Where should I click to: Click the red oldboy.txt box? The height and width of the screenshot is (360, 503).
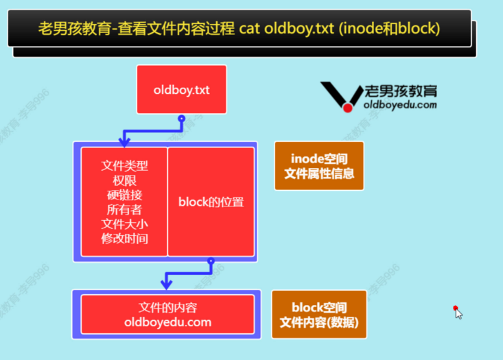click(x=181, y=89)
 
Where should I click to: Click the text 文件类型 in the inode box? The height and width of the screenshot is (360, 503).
click(x=124, y=165)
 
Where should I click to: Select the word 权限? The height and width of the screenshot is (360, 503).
click(x=124, y=180)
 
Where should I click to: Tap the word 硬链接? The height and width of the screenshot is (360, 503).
click(x=124, y=195)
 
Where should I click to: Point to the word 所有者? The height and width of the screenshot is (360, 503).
click(x=124, y=209)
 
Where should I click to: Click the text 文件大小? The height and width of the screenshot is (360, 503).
click(x=124, y=224)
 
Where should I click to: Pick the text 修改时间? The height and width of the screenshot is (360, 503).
click(x=124, y=239)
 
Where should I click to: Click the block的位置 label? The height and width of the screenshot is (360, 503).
click(x=211, y=202)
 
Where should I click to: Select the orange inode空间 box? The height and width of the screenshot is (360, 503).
click(x=319, y=166)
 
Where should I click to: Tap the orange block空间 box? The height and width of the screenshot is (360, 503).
click(x=319, y=315)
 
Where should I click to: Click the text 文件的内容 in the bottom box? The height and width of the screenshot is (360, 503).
click(x=168, y=308)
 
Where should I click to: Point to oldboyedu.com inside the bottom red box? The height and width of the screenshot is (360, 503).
click(x=168, y=322)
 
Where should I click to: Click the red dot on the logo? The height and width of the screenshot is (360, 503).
click(x=347, y=108)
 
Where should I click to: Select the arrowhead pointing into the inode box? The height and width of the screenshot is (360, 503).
click(x=124, y=142)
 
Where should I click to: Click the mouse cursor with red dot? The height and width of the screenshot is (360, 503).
click(x=457, y=312)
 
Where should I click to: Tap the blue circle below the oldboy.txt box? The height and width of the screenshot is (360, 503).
click(x=181, y=119)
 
